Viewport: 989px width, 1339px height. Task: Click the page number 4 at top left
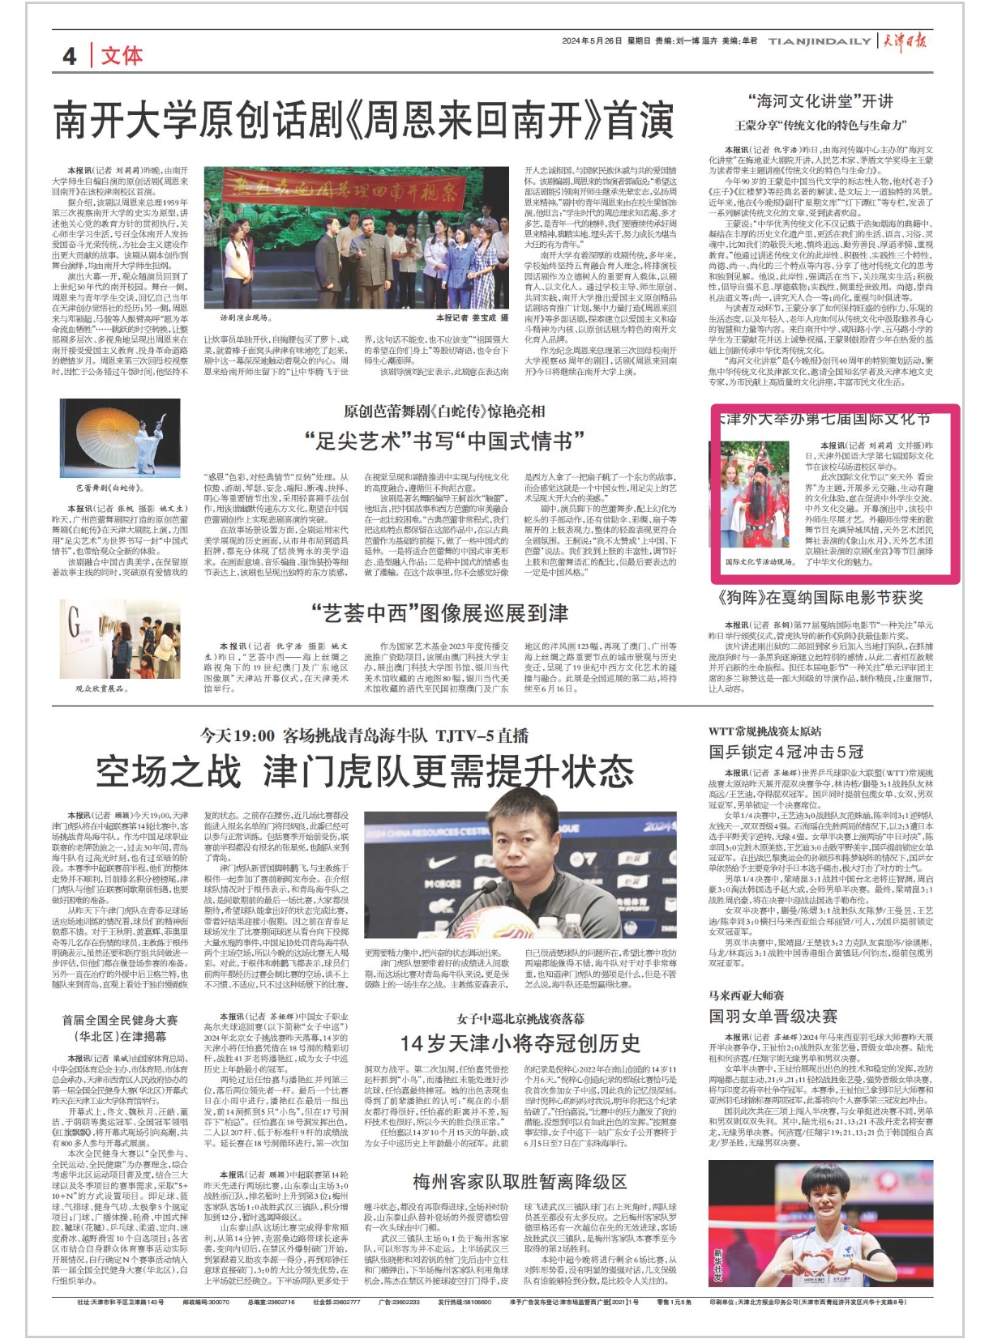[x=71, y=55]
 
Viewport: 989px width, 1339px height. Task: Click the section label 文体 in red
[x=122, y=55]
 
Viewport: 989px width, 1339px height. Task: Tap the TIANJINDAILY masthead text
[x=819, y=41]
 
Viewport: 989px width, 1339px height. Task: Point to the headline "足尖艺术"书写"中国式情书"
[x=444, y=441]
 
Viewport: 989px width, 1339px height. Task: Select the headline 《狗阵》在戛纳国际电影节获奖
[x=820, y=598]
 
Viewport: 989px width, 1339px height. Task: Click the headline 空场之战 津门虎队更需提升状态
[x=364, y=771]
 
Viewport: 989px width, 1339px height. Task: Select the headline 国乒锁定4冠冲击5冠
[x=786, y=752]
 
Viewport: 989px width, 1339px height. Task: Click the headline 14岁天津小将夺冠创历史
[x=520, y=1043]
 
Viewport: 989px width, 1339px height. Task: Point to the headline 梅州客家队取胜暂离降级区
[x=520, y=1180]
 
